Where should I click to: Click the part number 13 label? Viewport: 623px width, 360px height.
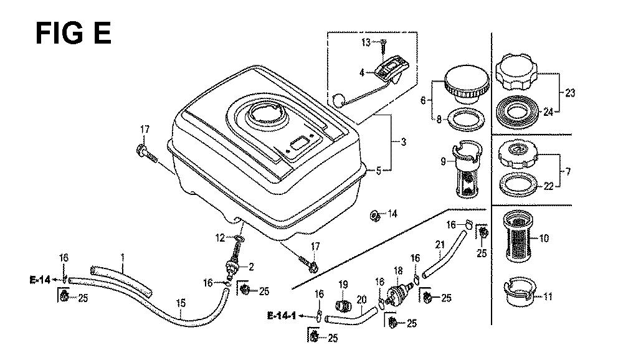pyautogui.click(x=366, y=42)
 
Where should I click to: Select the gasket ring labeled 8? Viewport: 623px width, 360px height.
pyautogui.click(x=462, y=117)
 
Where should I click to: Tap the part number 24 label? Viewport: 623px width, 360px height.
pyautogui.click(x=548, y=113)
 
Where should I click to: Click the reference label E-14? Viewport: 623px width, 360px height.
pyautogui.click(x=39, y=280)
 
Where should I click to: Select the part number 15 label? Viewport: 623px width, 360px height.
pyautogui.click(x=181, y=303)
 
